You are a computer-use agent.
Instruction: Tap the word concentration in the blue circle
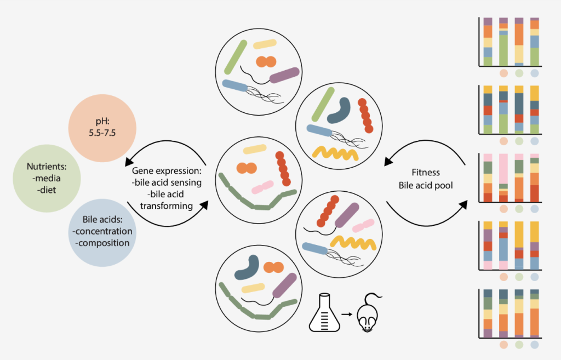(x=102, y=231)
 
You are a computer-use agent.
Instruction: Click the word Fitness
(x=426, y=173)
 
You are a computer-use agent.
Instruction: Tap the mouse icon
(x=367, y=315)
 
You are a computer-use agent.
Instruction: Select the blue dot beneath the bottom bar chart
(x=535, y=345)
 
